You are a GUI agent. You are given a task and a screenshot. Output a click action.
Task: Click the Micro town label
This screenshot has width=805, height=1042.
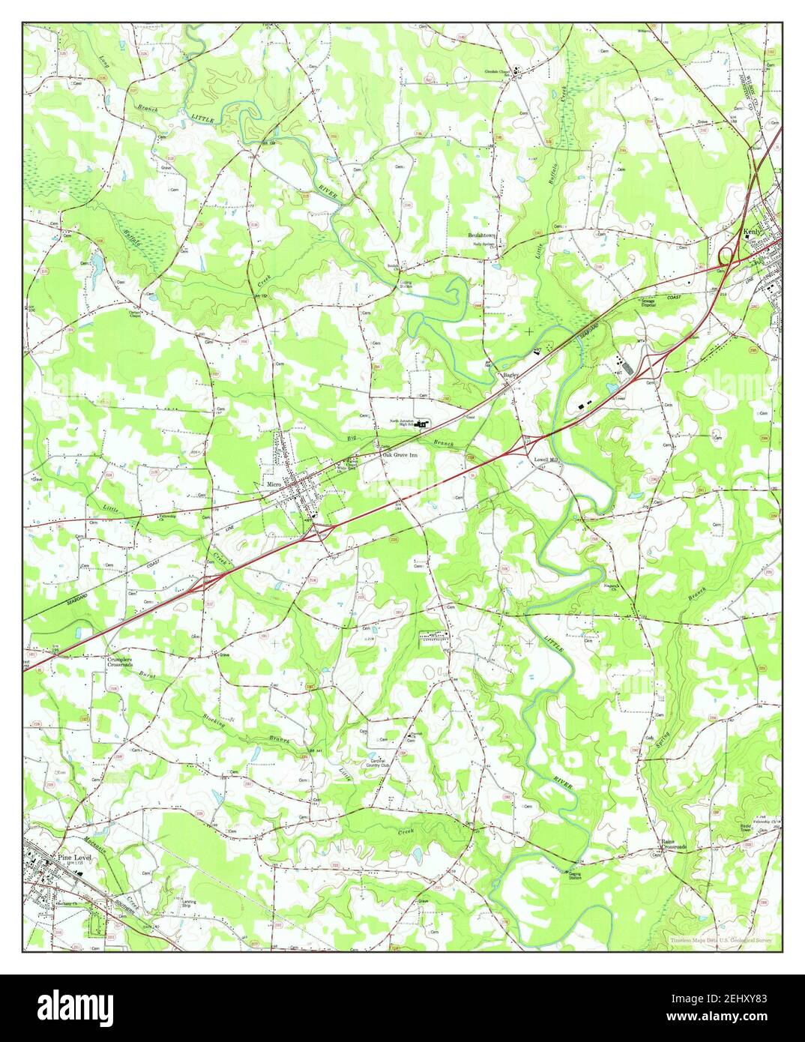(x=272, y=485)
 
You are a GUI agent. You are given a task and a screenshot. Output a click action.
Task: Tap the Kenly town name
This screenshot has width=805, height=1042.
(x=752, y=232)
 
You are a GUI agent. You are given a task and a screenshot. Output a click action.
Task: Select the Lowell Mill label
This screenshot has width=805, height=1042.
(x=546, y=460)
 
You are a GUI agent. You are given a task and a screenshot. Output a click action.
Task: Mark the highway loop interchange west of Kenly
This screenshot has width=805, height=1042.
(x=726, y=256)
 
